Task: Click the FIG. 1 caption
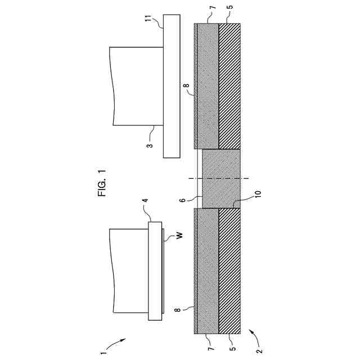(102, 183)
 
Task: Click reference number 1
(103, 354)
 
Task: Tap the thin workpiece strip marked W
(164, 270)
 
